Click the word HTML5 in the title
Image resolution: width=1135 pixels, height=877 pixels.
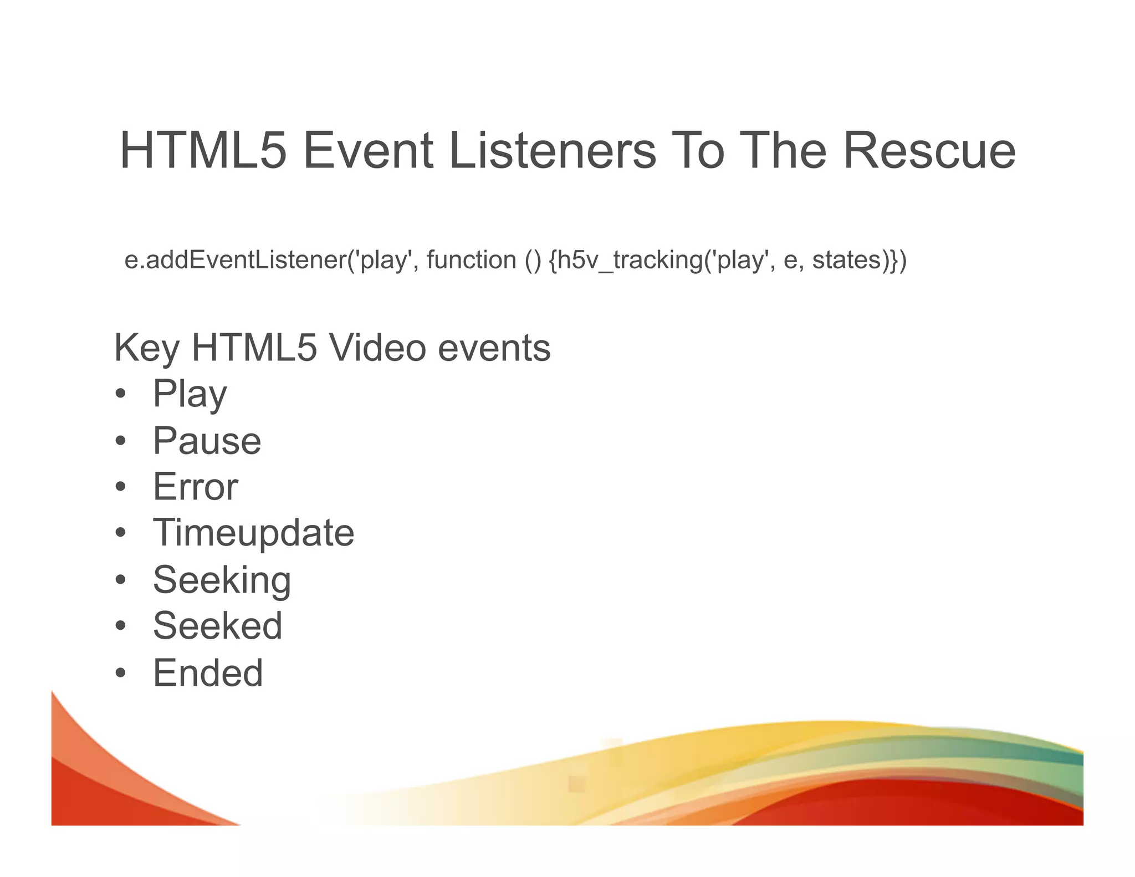pyautogui.click(x=203, y=151)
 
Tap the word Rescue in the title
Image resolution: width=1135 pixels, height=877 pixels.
pyautogui.click(x=929, y=151)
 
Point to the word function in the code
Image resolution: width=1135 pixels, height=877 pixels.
pyautogui.click(x=471, y=260)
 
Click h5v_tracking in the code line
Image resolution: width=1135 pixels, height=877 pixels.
pyautogui.click(x=630, y=260)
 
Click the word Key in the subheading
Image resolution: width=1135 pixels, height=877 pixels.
pyautogui.click(x=146, y=348)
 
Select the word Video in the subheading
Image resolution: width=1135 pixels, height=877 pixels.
pyautogui.click(x=377, y=348)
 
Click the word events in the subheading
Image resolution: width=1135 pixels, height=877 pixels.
pyautogui.click(x=494, y=348)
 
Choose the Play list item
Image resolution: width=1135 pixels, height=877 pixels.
pyautogui.click(x=190, y=394)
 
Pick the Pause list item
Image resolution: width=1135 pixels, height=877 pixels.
pyautogui.click(x=207, y=441)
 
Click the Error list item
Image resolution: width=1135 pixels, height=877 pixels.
pyautogui.click(x=195, y=487)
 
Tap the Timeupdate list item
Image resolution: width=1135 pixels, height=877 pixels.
pyautogui.click(x=253, y=533)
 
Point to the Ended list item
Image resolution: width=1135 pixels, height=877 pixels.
pyautogui.click(x=208, y=673)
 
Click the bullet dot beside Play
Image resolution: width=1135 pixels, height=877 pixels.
pyautogui.click(x=121, y=395)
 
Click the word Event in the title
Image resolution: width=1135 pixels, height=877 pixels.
pyautogui.click(x=367, y=151)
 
